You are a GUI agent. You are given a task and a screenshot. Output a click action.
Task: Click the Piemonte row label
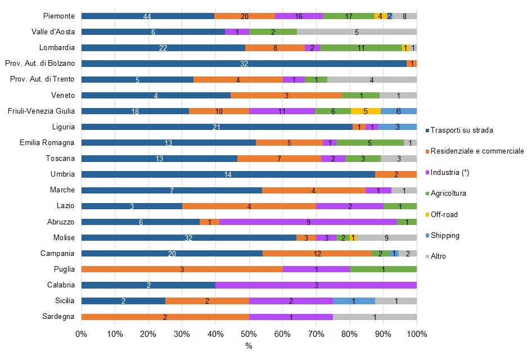click(59, 16)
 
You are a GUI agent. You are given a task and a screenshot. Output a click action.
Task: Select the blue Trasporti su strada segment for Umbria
click(228, 174)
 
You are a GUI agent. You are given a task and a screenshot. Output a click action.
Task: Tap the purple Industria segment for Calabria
click(316, 285)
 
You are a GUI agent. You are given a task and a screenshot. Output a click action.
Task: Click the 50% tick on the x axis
click(249, 334)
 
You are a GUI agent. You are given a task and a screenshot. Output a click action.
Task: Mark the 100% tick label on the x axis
click(417, 334)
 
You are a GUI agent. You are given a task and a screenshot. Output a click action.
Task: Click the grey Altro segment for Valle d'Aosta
click(357, 32)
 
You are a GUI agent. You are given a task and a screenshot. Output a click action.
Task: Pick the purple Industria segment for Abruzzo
click(308, 222)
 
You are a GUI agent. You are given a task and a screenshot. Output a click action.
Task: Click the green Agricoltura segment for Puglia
click(383, 269)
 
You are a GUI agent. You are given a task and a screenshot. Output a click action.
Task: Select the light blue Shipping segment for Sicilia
click(354, 301)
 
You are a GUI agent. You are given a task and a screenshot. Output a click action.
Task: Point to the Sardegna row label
click(58, 317)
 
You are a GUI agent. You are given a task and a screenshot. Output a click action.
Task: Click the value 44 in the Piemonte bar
click(147, 16)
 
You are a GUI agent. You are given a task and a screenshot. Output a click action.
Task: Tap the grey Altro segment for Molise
click(386, 237)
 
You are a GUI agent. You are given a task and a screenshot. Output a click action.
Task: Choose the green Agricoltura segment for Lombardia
click(361, 48)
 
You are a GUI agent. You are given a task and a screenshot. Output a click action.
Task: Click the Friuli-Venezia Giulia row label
click(39, 111)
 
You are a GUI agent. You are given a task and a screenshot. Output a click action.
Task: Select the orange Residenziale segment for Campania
click(317, 254)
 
